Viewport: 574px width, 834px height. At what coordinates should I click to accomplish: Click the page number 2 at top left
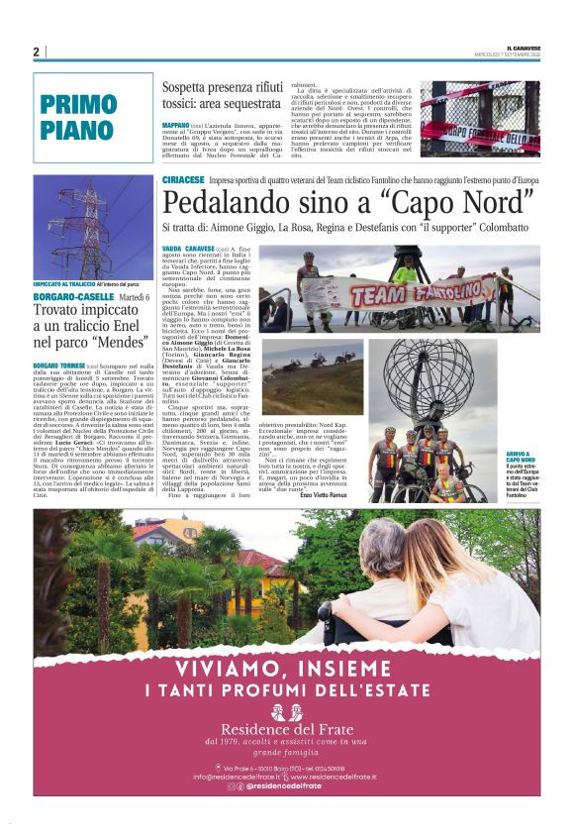pos(36,52)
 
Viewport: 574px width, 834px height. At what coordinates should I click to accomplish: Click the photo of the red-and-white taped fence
pos(480,119)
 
